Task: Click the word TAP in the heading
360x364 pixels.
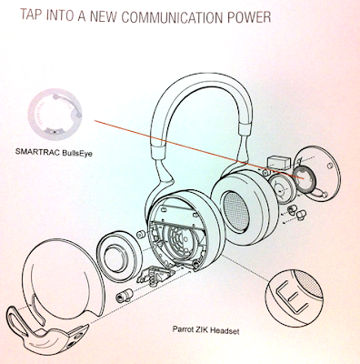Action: (x=32, y=15)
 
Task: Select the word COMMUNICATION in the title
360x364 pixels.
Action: (x=173, y=17)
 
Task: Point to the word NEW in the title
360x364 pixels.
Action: (x=104, y=16)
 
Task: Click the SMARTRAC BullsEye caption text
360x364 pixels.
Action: (x=54, y=152)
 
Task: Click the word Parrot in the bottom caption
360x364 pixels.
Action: (x=183, y=329)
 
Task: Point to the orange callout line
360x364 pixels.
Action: (x=197, y=148)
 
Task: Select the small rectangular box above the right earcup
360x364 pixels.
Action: (x=277, y=162)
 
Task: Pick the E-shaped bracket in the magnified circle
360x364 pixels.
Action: (x=289, y=295)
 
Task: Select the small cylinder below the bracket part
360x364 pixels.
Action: (x=125, y=296)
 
